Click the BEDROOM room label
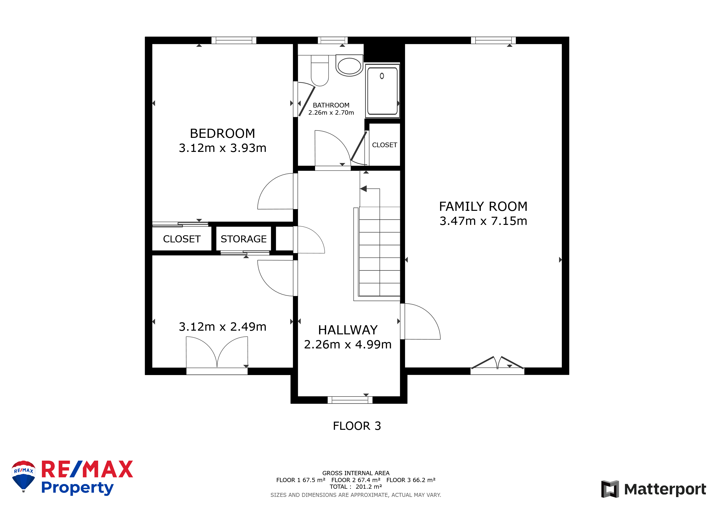[222, 133]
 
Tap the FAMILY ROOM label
[483, 206]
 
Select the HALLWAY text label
[348, 330]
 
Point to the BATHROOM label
[331, 105]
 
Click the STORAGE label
[244, 239]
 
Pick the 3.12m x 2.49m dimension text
[222, 326]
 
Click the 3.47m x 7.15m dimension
[483, 221]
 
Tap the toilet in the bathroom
[320, 71]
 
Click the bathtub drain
[382, 76]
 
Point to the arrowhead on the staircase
[363, 188]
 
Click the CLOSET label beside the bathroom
[384, 145]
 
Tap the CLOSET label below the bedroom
[182, 239]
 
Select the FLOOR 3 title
[357, 426]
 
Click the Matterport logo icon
[610, 489]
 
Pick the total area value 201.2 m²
[369, 487]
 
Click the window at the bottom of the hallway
[350, 400]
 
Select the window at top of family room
[493, 40]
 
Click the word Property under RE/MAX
[77, 488]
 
